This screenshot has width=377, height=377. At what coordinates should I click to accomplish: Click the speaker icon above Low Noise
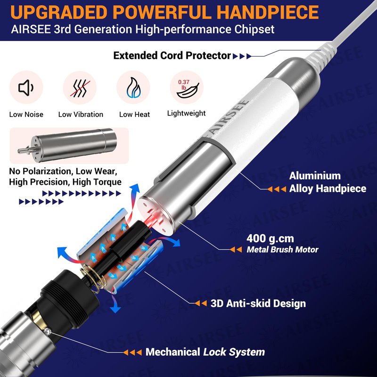point(26,88)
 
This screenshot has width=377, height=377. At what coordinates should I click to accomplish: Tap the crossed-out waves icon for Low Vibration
point(80,88)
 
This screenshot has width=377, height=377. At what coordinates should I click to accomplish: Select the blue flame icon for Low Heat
point(134,88)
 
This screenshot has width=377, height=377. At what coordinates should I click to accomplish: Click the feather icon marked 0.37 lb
point(188,89)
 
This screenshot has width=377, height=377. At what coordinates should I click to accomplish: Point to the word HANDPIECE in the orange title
point(268,12)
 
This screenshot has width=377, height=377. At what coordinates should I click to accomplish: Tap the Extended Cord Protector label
point(172,56)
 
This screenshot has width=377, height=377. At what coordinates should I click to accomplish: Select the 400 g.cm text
point(270,238)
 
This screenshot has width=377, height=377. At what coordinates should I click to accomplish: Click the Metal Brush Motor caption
point(282,250)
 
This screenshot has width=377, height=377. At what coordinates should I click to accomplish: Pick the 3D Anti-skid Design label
point(258,303)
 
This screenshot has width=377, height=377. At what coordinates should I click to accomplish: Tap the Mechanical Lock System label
point(205,352)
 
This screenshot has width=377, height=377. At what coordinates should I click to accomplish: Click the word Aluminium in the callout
point(315,176)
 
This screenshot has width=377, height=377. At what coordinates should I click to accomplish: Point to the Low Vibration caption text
point(81,115)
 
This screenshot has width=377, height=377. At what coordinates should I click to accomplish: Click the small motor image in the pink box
point(67,145)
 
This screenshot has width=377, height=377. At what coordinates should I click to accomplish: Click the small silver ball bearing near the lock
point(48,332)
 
